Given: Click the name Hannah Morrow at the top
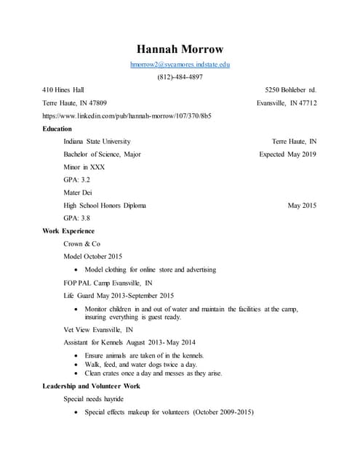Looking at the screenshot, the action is (x=180, y=49).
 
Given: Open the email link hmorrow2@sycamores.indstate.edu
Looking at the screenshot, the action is (x=180, y=65).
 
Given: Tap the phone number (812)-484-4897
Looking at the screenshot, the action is (x=180, y=78).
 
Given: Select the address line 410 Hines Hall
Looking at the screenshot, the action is (x=63, y=90).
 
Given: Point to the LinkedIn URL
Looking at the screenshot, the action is (x=127, y=116).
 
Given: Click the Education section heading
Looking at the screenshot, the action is (x=57, y=129).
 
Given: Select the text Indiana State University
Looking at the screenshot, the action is (x=97, y=141).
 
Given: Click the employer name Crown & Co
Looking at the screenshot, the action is (x=81, y=243).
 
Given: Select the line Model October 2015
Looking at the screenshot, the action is (x=93, y=256).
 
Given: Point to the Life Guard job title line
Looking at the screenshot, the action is (x=119, y=296).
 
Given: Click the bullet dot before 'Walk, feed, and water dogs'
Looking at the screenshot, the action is (x=78, y=364).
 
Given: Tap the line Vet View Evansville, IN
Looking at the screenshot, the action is (x=98, y=329).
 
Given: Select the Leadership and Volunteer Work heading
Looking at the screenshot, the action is (x=92, y=386).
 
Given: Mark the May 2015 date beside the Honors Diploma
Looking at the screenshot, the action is (x=302, y=206).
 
